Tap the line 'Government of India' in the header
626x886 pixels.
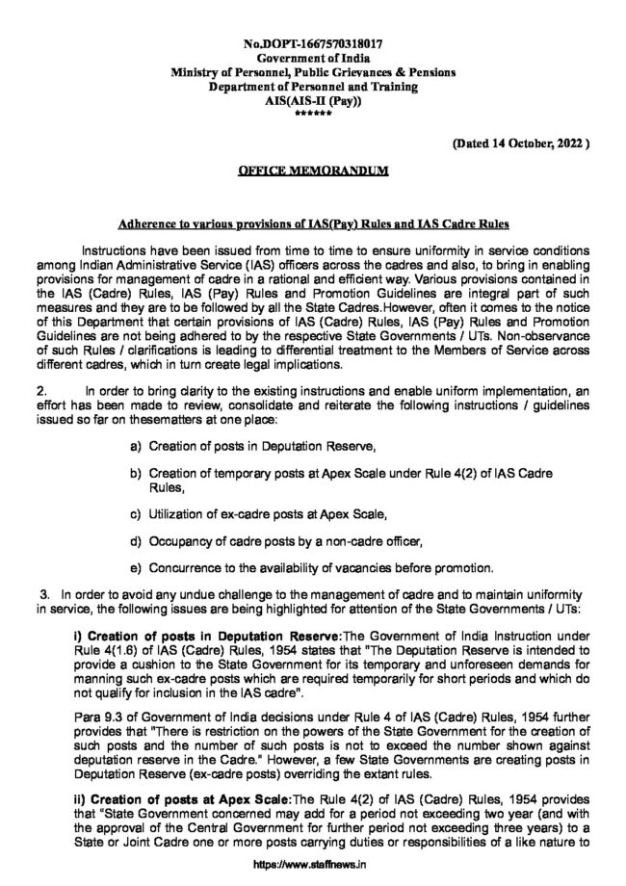[313, 59]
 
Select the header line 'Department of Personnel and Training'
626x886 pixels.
[313, 87]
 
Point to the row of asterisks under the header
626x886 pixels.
[313, 114]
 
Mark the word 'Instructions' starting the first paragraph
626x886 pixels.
[117, 248]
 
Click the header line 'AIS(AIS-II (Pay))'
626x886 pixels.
[313, 100]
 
